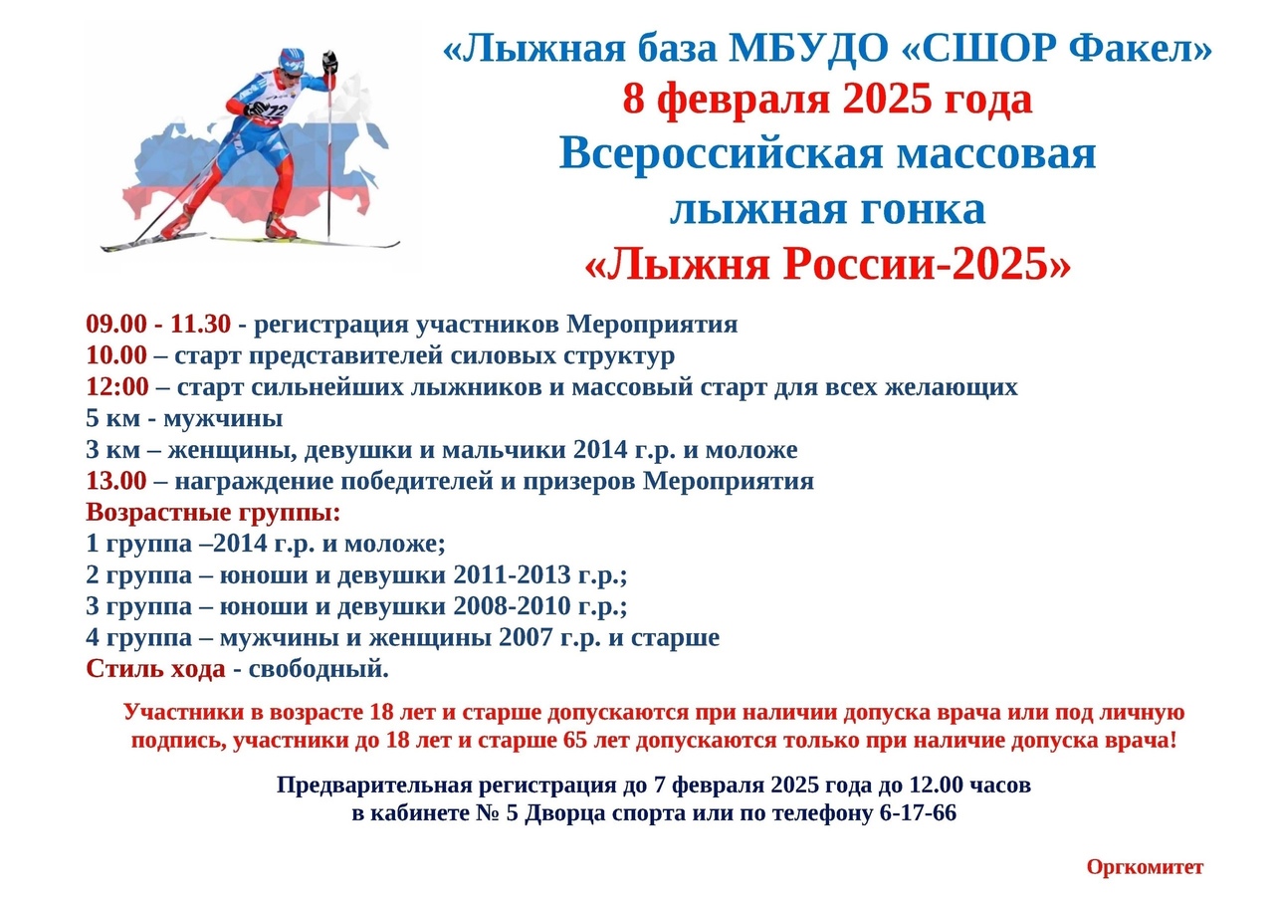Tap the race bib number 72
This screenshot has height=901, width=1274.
(x=277, y=111)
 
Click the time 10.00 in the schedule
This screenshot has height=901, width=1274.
(x=116, y=355)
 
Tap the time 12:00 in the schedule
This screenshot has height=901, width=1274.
(x=117, y=387)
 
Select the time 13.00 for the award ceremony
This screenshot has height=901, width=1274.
(x=116, y=481)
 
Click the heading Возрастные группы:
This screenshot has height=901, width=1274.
(x=213, y=513)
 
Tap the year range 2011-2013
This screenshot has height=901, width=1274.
(x=512, y=575)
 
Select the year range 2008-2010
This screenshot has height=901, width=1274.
(x=512, y=606)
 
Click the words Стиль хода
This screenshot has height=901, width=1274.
(x=156, y=669)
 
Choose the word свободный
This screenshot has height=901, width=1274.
(x=318, y=669)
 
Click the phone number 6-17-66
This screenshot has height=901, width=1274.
(x=918, y=813)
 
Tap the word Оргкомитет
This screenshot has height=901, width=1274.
(x=1145, y=867)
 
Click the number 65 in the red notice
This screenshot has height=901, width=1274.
(x=575, y=741)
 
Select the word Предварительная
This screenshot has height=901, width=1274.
(x=375, y=786)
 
